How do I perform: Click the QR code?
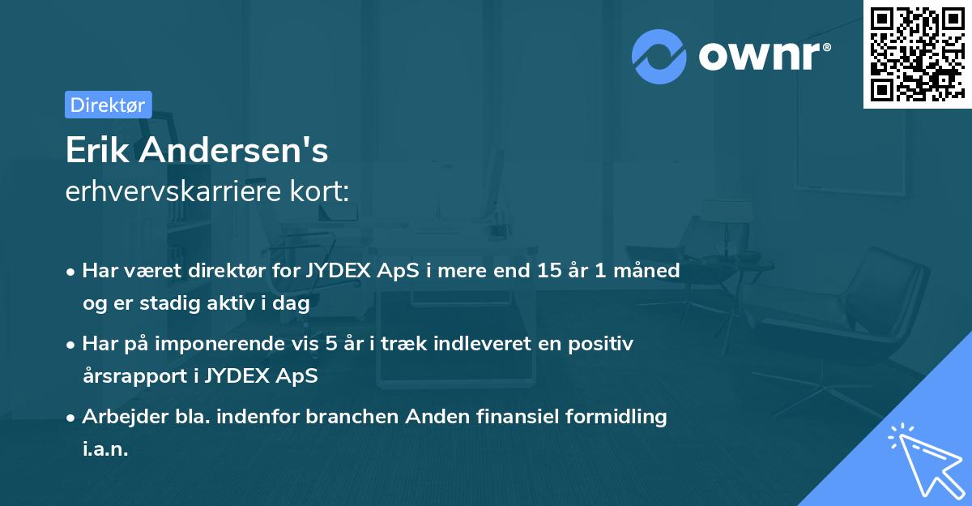[916, 54]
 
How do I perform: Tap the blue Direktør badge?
[108, 105]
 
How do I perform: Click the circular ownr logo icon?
[659, 56]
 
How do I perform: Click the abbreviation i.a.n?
[105, 448]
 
